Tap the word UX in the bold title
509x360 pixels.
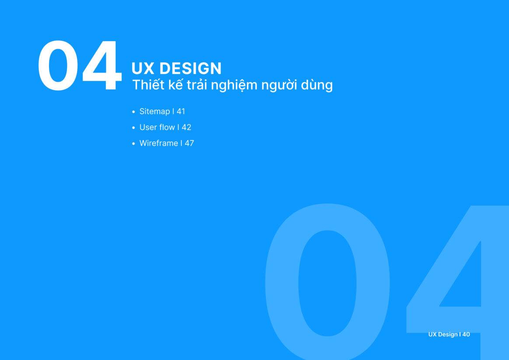point(143,69)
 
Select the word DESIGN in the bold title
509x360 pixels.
point(191,69)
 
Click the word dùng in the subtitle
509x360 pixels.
point(317,85)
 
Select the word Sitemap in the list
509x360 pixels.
point(154,112)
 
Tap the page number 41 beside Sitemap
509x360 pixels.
point(181,112)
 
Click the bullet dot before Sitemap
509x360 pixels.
point(133,112)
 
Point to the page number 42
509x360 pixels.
point(186,127)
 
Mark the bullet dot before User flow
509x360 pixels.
point(133,128)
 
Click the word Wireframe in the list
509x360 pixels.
point(159,143)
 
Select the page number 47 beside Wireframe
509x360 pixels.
point(189,143)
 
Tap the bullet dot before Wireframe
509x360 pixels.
point(133,143)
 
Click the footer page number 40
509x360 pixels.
point(466,334)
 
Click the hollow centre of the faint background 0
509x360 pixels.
point(327,283)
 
